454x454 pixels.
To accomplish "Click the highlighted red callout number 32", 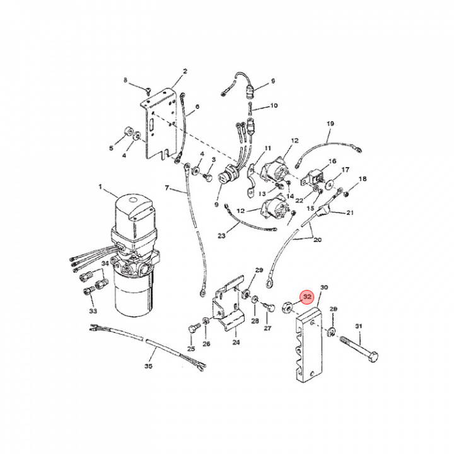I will [307, 296].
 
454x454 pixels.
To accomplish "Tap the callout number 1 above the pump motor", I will [99, 187].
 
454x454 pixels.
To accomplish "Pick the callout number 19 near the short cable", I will [329, 124].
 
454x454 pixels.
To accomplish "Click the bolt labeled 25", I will [192, 329].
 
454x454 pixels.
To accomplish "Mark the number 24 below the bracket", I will [236, 343].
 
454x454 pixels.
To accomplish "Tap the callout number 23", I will [221, 236].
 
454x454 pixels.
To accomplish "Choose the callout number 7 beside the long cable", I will [167, 188].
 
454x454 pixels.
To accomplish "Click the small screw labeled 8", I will [146, 90].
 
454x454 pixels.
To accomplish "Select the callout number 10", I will [274, 105].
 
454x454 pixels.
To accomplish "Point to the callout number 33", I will [93, 311].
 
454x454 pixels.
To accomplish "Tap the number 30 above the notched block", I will [325, 287].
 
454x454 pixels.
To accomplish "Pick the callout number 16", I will [332, 161].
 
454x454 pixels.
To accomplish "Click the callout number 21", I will [350, 212].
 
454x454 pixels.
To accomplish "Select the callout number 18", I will [362, 180].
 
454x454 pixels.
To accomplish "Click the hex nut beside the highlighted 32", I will [285, 307].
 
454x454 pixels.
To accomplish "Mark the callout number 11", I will [267, 148].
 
